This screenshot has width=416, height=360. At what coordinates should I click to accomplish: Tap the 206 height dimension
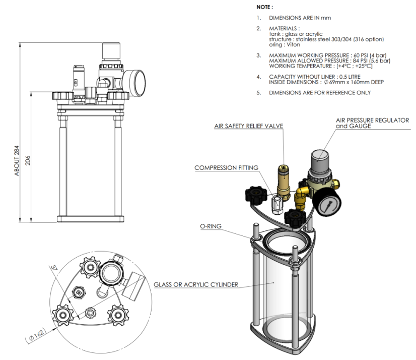tap(28, 160)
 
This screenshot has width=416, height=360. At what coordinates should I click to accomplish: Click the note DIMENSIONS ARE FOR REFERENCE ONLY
tap(320, 93)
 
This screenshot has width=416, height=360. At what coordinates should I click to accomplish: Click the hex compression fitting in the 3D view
tap(276, 204)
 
